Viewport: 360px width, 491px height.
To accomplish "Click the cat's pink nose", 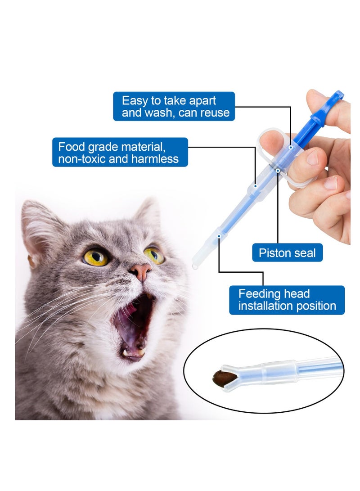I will pos(141,271).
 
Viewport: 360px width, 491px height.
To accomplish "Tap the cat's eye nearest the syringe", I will pos(154,255).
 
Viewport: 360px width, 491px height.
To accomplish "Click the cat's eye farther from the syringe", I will pos(96,257).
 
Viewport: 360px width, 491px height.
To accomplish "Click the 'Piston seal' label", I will pos(287,253).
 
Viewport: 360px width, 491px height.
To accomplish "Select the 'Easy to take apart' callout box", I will pos(174,106).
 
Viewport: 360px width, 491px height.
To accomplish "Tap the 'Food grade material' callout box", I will pos(120,152).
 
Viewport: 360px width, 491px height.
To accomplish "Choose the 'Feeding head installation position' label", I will pos(287,300).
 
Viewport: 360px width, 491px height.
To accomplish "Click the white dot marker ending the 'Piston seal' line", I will pos(278,171).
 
